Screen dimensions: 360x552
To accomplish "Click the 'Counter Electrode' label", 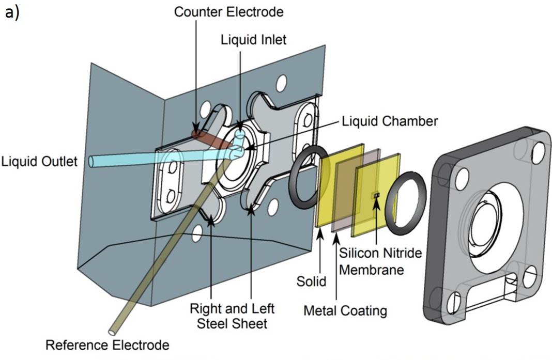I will coord(228,12).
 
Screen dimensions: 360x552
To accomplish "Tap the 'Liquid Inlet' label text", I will coord(253,39).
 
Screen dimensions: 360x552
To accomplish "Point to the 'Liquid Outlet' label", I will coord(39,162).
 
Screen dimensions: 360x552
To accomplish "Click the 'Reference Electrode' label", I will coord(107,344).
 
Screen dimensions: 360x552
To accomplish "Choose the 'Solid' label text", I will coord(312,281).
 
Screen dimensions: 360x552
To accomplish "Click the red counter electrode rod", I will coord(209,138).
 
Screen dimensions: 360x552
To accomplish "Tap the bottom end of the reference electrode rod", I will coord(112,328).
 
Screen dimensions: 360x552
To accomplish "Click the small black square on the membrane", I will coord(377,195).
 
